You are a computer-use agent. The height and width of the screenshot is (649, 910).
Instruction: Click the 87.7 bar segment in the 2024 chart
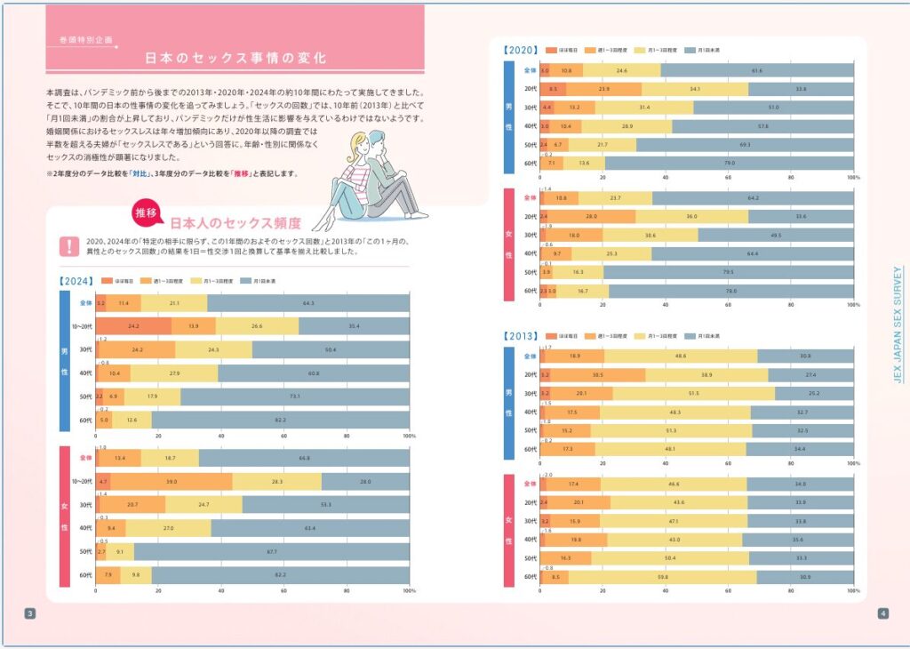tap(271, 551)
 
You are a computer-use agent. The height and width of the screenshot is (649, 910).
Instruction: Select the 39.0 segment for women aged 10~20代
tap(172, 481)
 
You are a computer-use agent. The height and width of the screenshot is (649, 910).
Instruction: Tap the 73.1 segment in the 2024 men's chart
tap(294, 397)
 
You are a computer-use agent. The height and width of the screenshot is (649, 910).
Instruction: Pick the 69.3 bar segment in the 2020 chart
tap(745, 144)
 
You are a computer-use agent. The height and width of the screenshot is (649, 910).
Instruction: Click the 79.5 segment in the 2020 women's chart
tap(728, 272)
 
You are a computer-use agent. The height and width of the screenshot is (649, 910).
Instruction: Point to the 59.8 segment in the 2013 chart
tap(662, 577)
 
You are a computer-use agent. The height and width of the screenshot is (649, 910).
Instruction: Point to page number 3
tap(29, 613)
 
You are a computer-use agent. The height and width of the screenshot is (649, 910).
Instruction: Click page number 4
tap(882, 613)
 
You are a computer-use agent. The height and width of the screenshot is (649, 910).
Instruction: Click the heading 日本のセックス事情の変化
tap(235, 59)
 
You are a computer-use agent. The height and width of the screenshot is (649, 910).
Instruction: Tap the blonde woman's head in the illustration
tap(359, 143)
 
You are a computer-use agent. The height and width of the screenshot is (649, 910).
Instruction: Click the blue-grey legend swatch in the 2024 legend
tap(248, 281)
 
